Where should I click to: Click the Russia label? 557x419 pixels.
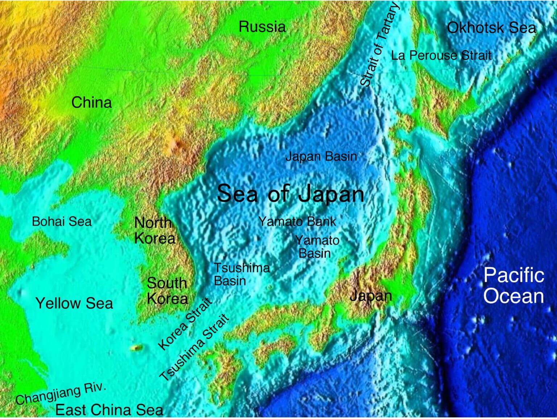(262, 27)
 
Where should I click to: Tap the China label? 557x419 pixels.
(91, 103)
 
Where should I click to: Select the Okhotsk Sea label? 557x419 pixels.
(491, 28)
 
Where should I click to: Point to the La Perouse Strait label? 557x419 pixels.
(441, 55)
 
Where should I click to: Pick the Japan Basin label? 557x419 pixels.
(321, 157)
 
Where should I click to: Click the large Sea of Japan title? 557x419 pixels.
(290, 194)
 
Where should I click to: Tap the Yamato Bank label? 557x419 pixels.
(297, 221)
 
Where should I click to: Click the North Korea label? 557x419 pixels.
(154, 231)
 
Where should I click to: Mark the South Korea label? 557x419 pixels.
(167, 291)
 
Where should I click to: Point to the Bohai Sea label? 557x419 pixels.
(62, 221)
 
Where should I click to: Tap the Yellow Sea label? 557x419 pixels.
(74, 303)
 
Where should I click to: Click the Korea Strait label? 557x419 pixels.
(185, 324)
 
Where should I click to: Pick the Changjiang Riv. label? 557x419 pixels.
(61, 394)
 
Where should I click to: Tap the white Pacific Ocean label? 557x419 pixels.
(513, 285)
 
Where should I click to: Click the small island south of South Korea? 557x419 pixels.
(136, 348)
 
